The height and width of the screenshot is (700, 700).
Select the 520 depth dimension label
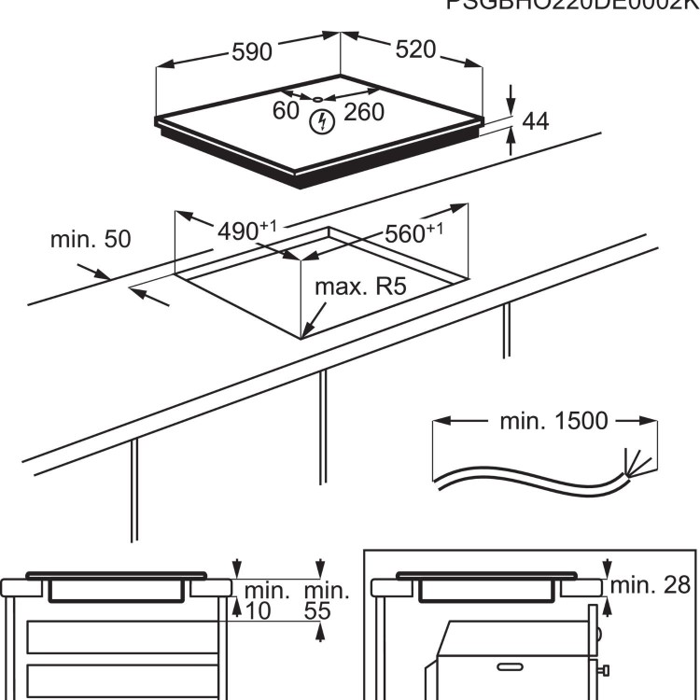click(415, 50)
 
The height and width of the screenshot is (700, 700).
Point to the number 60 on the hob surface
click(286, 111)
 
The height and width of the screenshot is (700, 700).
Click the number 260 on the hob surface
click(364, 112)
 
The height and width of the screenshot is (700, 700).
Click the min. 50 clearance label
click(91, 239)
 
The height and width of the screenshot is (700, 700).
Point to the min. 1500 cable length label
click(553, 420)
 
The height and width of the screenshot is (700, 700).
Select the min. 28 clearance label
click(651, 585)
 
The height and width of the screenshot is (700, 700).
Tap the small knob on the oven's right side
click(605, 670)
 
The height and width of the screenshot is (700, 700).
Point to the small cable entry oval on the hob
click(317, 99)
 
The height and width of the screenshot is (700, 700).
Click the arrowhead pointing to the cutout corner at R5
click(306, 333)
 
